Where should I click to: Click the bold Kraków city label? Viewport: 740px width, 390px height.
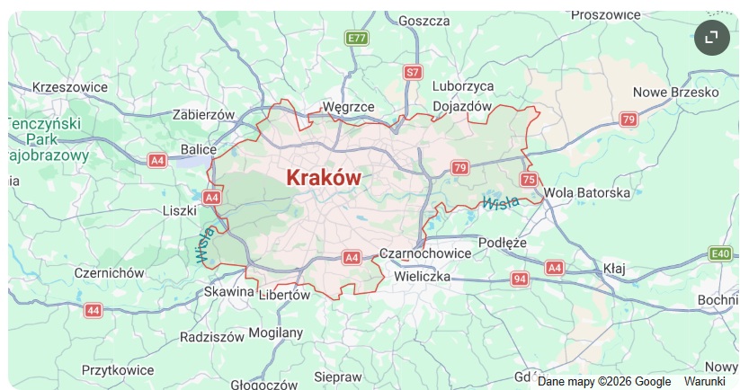point(324,177)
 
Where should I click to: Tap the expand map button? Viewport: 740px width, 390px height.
point(711,37)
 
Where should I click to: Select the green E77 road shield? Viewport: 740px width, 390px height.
point(357,38)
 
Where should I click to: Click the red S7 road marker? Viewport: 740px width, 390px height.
point(413,71)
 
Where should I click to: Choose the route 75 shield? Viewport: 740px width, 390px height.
point(529,180)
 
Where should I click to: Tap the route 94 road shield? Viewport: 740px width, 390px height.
point(520,279)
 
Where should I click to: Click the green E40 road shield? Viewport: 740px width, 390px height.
point(720,253)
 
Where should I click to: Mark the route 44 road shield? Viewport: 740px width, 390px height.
point(94,310)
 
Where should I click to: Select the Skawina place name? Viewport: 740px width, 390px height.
point(229,292)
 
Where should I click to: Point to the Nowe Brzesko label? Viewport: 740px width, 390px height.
point(675,92)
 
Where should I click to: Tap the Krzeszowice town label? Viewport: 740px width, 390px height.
point(69,87)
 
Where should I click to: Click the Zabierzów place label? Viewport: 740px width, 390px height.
point(203,114)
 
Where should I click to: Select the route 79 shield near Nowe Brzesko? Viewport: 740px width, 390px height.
point(629,120)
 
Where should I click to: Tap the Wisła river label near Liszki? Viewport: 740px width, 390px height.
point(203,245)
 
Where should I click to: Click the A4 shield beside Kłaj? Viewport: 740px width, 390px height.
point(555,267)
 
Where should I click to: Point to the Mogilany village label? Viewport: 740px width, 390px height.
point(275,332)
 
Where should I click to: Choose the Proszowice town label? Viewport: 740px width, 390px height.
point(605,14)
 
